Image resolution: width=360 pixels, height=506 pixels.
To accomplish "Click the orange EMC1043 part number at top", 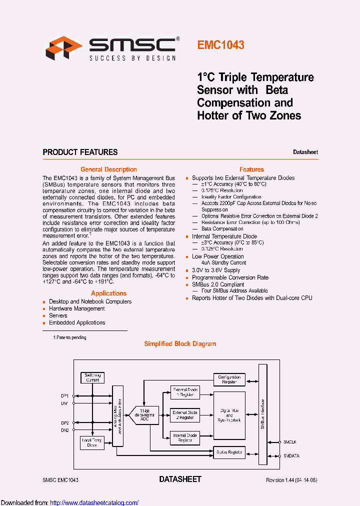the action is (x=220, y=45).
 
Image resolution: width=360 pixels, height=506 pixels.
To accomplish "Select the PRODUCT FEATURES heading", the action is (x=80, y=152).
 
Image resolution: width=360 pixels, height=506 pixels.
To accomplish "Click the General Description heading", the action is (x=108, y=169).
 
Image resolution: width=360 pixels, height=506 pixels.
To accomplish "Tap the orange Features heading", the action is (x=251, y=169).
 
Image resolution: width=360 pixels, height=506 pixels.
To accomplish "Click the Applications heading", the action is (x=108, y=293).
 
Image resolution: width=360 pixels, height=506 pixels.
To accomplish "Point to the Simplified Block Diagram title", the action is (x=180, y=344).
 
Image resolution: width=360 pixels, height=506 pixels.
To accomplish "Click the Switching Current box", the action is (x=92, y=377).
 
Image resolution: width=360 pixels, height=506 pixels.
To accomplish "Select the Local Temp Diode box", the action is (x=92, y=442).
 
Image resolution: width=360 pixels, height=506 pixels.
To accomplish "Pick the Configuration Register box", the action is (x=229, y=379).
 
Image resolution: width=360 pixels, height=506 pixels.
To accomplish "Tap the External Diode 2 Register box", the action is (x=185, y=415).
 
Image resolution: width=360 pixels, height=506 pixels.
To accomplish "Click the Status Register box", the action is (x=229, y=452).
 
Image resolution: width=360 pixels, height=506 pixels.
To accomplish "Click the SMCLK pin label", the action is (x=290, y=442).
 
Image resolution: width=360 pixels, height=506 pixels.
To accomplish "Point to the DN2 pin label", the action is (x=65, y=430).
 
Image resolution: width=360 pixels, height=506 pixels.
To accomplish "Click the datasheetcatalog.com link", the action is (x=94, y=502).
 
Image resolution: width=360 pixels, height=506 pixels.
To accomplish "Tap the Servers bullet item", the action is (x=58, y=315).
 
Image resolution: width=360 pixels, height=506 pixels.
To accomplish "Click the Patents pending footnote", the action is (x=69, y=337).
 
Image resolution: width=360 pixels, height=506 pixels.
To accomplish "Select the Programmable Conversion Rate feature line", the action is (x=230, y=277).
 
